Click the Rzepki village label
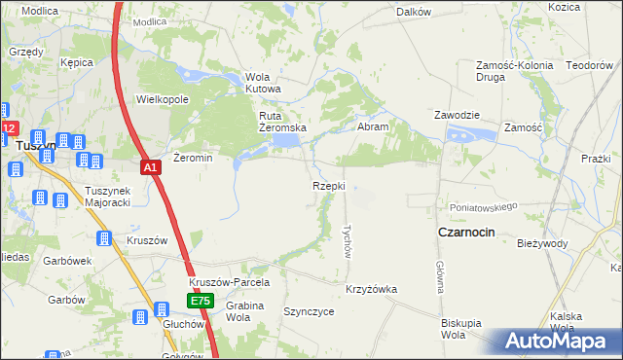click(329, 185)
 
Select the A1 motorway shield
click(151, 168)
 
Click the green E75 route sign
click(201, 302)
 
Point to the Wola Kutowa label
click(263, 83)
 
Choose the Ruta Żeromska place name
click(282, 122)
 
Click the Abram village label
click(374, 126)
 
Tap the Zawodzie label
click(458, 115)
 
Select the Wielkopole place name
click(162, 99)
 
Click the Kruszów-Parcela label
click(229, 282)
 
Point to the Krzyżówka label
click(371, 289)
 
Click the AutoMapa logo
click(555, 341)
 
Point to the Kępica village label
click(76, 62)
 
